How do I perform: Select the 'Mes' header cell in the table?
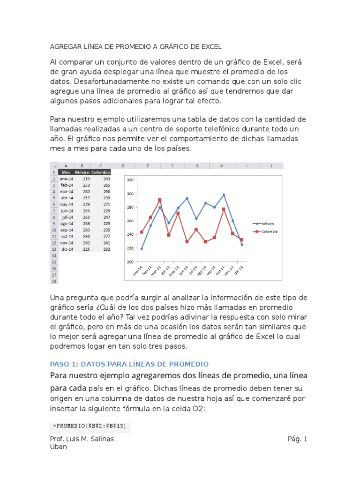click(x=66, y=172)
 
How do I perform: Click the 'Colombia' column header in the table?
click(x=101, y=172)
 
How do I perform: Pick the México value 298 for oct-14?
click(x=86, y=236)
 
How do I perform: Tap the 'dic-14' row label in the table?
click(x=67, y=249)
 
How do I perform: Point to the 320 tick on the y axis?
click(x=130, y=180)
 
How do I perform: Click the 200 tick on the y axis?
click(x=130, y=262)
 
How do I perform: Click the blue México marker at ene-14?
click(x=142, y=249)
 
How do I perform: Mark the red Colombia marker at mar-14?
click(x=160, y=200)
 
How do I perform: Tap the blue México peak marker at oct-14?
click(x=224, y=195)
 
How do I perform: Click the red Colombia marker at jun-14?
click(x=187, y=242)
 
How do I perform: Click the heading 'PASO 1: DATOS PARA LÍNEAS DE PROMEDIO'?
click(x=129, y=364)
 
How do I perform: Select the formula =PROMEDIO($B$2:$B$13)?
click(x=89, y=426)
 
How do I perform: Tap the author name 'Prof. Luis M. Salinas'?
click(x=82, y=439)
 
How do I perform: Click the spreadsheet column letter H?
click(x=222, y=165)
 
